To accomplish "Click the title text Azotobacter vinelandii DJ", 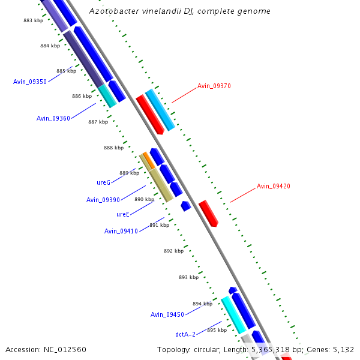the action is (179, 11).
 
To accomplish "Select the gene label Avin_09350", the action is (30, 82).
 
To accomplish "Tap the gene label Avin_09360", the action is (53, 118).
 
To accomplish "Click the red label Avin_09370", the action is (214, 86).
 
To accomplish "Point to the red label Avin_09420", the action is (273, 187).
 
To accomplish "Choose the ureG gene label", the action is (103, 182).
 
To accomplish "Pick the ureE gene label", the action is (123, 214).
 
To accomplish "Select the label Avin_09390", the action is (103, 200).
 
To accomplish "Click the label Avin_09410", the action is (121, 232).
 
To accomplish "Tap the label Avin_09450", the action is (167, 315).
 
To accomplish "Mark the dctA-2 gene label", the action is (185, 334).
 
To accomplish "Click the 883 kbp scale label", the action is (33, 20).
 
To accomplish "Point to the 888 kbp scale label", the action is (113, 148).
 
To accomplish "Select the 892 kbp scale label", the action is (173, 251).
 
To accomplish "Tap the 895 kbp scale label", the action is (217, 330).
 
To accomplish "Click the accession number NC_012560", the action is (46, 349).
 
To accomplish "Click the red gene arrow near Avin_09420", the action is (208, 213).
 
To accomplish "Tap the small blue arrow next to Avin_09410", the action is (186, 206).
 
